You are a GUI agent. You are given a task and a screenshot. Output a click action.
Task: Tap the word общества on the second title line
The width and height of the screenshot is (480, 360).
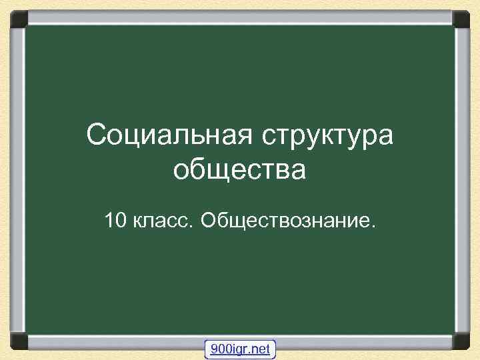click(239, 170)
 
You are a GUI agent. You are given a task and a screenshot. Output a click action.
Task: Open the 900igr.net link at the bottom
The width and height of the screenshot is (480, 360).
click(239, 349)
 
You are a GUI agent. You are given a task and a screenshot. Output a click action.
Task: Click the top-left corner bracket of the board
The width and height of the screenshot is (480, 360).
click(17, 19)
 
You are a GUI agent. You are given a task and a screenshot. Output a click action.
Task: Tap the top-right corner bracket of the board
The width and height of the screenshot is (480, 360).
click(462, 19)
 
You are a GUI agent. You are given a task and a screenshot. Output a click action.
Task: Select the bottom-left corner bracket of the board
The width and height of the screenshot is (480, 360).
click(17, 341)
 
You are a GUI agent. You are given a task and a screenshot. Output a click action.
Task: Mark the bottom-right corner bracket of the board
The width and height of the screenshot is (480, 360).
click(462, 341)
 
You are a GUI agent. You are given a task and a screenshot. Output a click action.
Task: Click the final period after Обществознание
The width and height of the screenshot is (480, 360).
click(373, 225)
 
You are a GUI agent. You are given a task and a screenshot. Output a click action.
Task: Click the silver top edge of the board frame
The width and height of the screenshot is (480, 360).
click(240, 15)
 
